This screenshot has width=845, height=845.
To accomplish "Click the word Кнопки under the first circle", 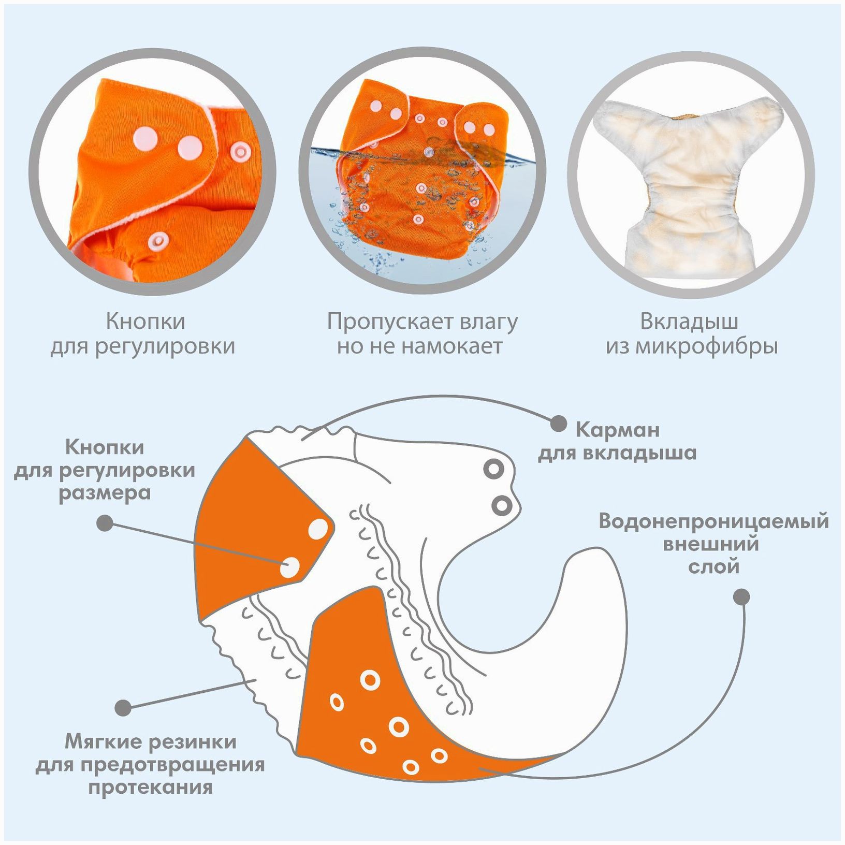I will (145, 322).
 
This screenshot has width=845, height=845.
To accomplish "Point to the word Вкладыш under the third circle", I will (689, 322).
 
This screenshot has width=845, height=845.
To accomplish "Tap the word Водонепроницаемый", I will (713, 521).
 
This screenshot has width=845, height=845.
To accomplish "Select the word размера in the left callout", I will (105, 492).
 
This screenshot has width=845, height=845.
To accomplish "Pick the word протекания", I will (150, 787).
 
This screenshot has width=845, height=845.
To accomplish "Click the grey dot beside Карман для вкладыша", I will (558, 424).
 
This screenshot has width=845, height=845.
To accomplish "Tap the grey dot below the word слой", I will (742, 596).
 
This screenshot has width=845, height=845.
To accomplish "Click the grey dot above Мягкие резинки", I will (123, 708).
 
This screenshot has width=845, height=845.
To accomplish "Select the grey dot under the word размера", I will (105, 523).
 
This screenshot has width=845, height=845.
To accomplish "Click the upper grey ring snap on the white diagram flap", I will (494, 469).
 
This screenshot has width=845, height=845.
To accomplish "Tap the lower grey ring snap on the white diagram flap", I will (502, 505).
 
